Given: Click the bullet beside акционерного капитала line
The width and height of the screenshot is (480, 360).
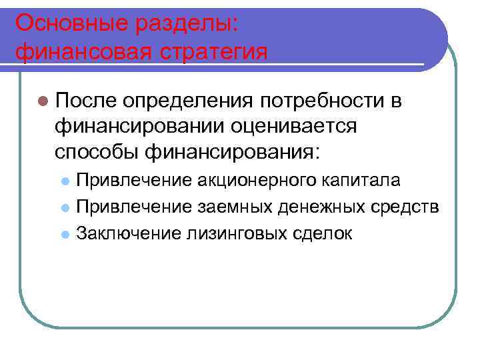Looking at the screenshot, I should (x=65, y=181).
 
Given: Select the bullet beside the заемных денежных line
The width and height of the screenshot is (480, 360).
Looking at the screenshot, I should (x=65, y=208).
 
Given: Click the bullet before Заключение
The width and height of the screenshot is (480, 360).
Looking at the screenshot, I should (x=65, y=235).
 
